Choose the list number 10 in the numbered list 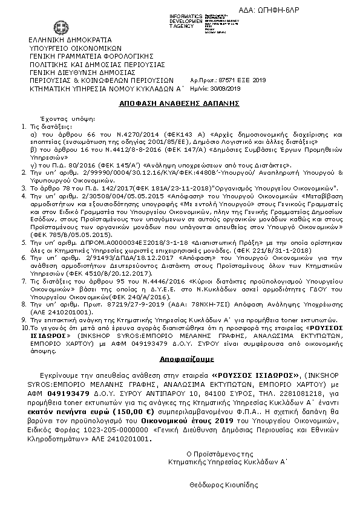(x=34, y=326)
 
